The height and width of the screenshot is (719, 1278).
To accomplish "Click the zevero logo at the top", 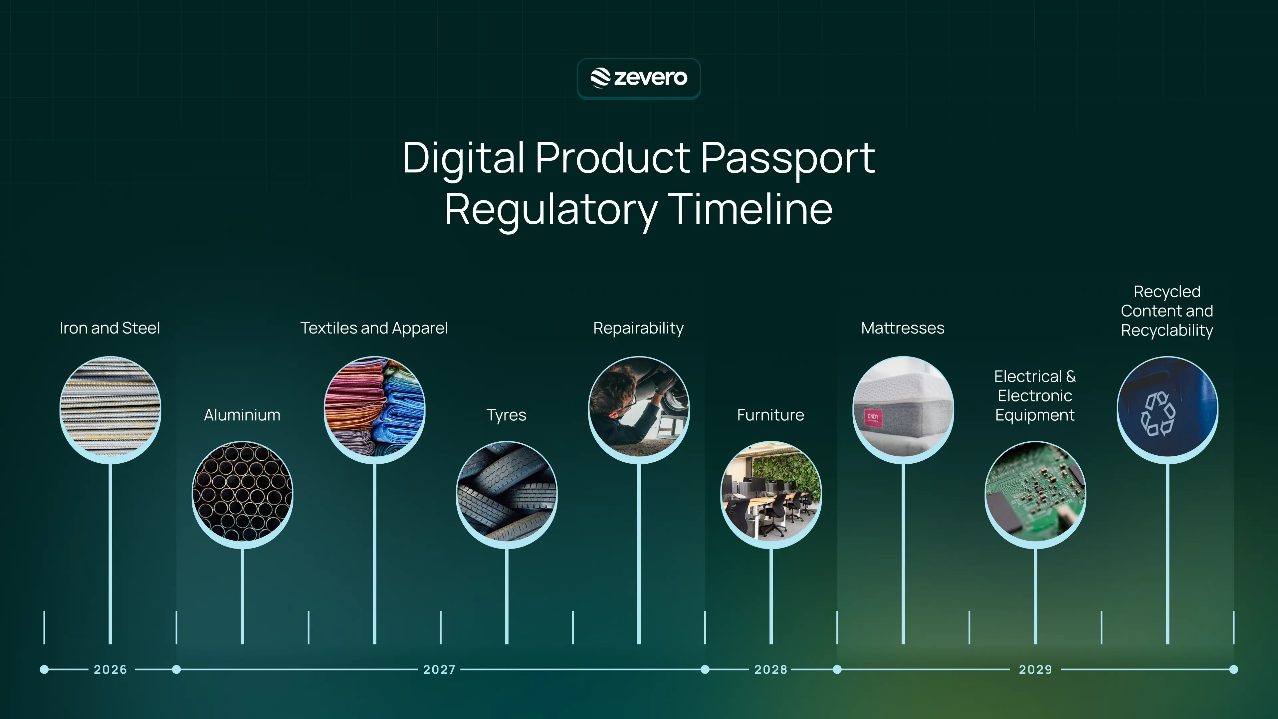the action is tap(639, 78).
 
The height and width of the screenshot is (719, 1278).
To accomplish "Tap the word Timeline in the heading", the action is tap(750, 209).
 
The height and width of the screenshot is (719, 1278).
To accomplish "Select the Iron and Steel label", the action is tap(109, 328).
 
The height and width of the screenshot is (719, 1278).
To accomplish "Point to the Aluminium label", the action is tap(242, 415).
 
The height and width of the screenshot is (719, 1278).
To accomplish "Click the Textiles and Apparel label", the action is tap(374, 328).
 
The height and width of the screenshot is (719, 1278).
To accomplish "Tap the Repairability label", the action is tap(639, 328).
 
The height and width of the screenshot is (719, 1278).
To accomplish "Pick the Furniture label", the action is tap(770, 415).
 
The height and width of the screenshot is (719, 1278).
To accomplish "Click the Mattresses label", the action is tap(903, 328).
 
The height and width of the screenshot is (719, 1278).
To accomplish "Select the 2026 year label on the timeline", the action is tap(110, 669).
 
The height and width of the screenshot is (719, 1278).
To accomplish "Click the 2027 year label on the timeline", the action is tap(439, 669).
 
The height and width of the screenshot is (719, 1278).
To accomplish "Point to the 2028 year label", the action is tap(770, 669).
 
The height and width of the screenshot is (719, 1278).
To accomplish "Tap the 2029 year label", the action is tap(1035, 669).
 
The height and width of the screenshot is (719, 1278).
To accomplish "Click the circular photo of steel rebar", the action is tap(110, 407).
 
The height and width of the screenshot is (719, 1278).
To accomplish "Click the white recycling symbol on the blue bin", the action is tap(1158, 414).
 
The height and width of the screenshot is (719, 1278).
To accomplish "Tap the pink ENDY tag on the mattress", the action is tap(873, 418).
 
